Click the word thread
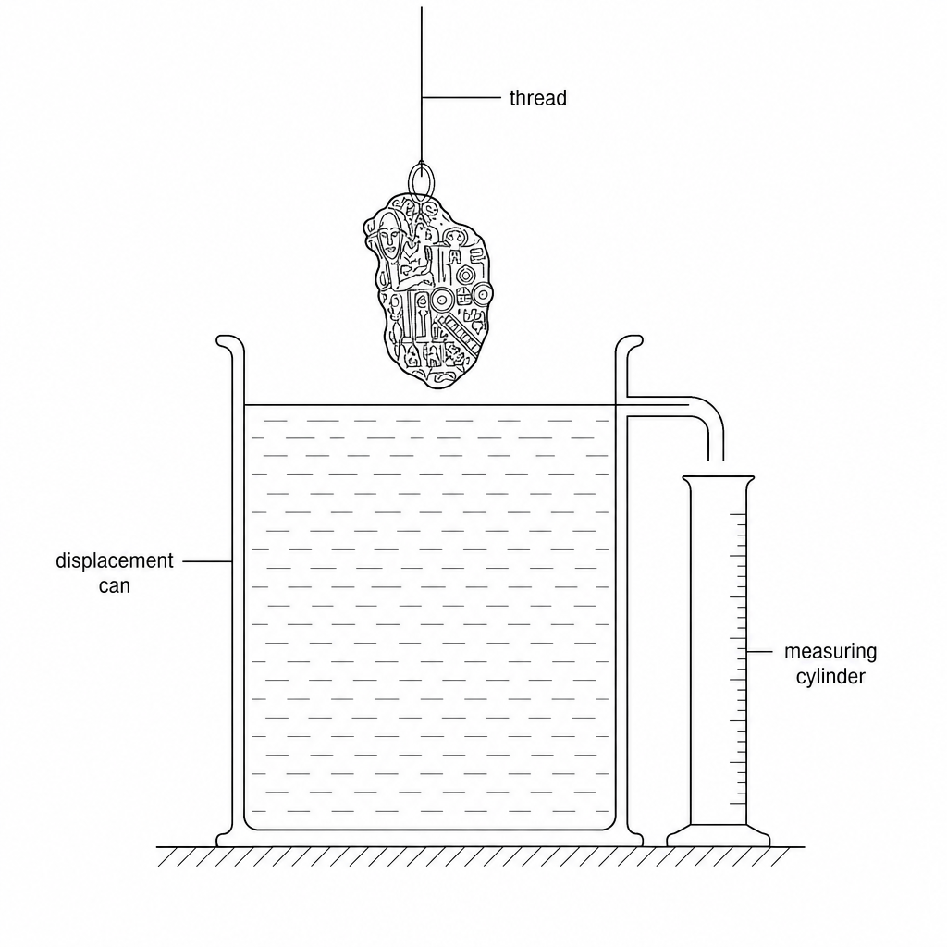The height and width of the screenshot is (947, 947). click(x=537, y=98)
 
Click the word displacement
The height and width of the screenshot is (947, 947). click(x=114, y=561)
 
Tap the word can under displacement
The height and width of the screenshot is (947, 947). click(x=114, y=585)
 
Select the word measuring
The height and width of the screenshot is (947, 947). click(x=830, y=652)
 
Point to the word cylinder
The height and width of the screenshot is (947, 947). click(x=830, y=676)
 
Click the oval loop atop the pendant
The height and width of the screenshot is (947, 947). click(x=421, y=181)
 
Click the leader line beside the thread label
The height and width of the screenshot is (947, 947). click(x=461, y=97)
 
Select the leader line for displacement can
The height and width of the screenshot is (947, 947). click(x=207, y=561)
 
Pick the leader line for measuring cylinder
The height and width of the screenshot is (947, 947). click(x=759, y=652)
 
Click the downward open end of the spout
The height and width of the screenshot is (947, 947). click(x=716, y=461)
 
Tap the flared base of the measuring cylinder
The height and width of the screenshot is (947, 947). click(x=718, y=836)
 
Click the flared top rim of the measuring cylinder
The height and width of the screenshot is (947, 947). click(x=718, y=480)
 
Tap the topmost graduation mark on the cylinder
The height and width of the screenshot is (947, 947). click(x=737, y=514)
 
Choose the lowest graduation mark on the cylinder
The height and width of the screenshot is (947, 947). click(x=737, y=804)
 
